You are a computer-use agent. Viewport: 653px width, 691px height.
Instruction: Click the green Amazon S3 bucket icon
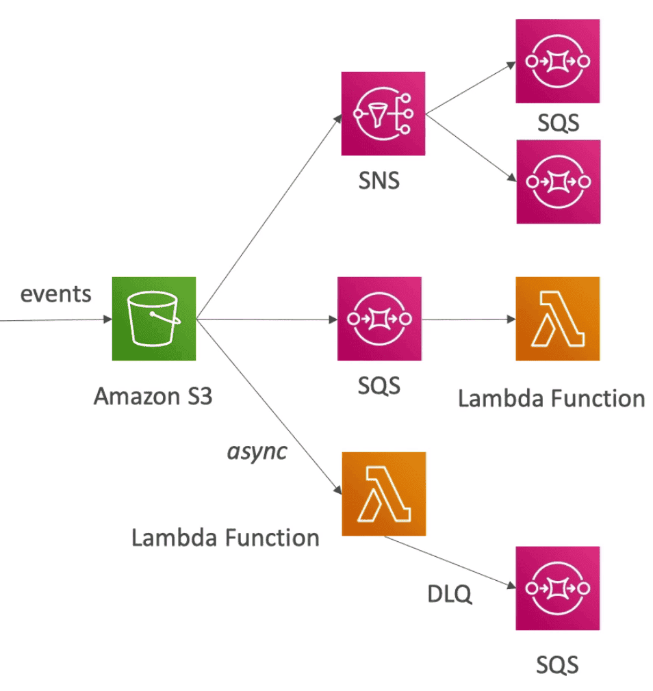[154, 319]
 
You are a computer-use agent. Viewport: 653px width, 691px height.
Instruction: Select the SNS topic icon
[383, 114]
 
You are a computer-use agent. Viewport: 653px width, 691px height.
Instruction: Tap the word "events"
[55, 294]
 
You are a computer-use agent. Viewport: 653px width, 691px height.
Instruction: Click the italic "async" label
[256, 452]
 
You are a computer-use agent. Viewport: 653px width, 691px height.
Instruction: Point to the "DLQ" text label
[450, 595]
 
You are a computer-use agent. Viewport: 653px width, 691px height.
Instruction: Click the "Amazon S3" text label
[153, 396]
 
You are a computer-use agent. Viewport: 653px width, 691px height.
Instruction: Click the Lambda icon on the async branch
[383, 494]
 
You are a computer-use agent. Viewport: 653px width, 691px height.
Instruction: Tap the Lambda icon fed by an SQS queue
[558, 319]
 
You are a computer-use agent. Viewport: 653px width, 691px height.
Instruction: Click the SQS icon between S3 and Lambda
[379, 319]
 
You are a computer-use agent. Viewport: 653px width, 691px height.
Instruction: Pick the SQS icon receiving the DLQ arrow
[558, 588]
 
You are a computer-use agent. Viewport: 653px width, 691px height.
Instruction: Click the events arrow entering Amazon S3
[55, 319]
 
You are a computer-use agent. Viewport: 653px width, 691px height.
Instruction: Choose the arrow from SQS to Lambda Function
[468, 319]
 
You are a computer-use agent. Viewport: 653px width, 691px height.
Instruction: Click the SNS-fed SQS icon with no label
[558, 182]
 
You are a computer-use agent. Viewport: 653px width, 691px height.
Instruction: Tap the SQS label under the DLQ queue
[558, 664]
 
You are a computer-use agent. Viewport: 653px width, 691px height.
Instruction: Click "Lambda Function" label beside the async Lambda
[225, 538]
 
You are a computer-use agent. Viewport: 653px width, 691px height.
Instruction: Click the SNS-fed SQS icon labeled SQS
[558, 62]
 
